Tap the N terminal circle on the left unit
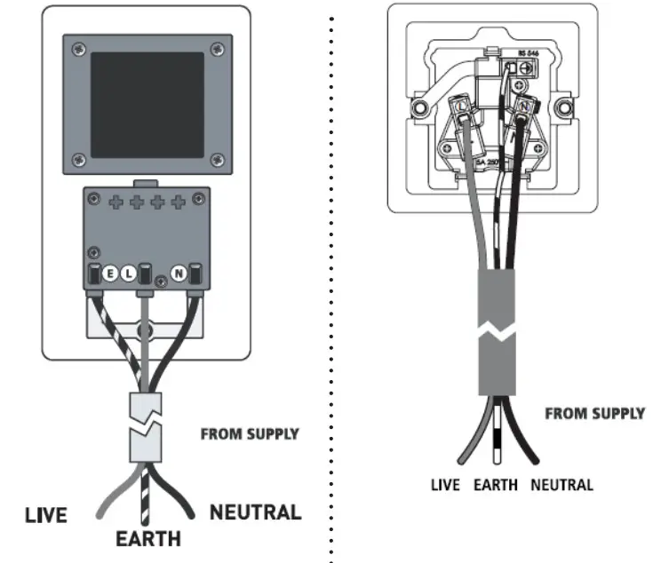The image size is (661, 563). tap(178, 274)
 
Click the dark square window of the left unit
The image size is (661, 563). tap(147, 104)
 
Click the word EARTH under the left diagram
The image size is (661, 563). tap(148, 538)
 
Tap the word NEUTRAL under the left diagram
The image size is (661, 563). tap(255, 512)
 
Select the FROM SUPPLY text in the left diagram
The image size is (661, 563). tap(250, 434)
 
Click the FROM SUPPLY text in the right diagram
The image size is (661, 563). tap(594, 414)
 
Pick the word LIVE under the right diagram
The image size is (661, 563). tap(445, 485)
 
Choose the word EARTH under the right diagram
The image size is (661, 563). tap(495, 485)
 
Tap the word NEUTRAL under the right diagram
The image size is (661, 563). tap(561, 485)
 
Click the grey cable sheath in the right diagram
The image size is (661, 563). tap(497, 333)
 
